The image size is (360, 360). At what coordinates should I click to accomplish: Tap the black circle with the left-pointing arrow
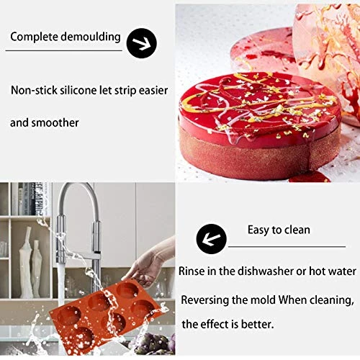coord(212,238)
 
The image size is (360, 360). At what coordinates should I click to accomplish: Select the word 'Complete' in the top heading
coord(33,36)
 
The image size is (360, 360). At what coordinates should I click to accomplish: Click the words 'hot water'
coord(332,271)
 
